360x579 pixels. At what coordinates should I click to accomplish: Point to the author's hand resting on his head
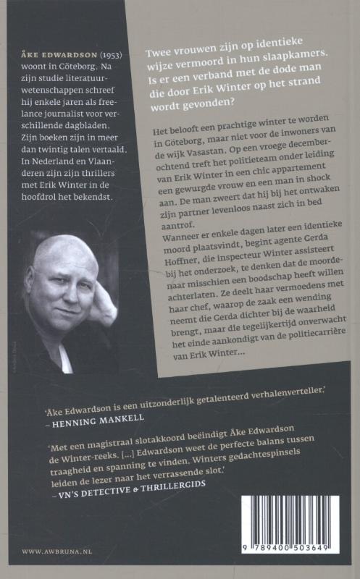(102, 289)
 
